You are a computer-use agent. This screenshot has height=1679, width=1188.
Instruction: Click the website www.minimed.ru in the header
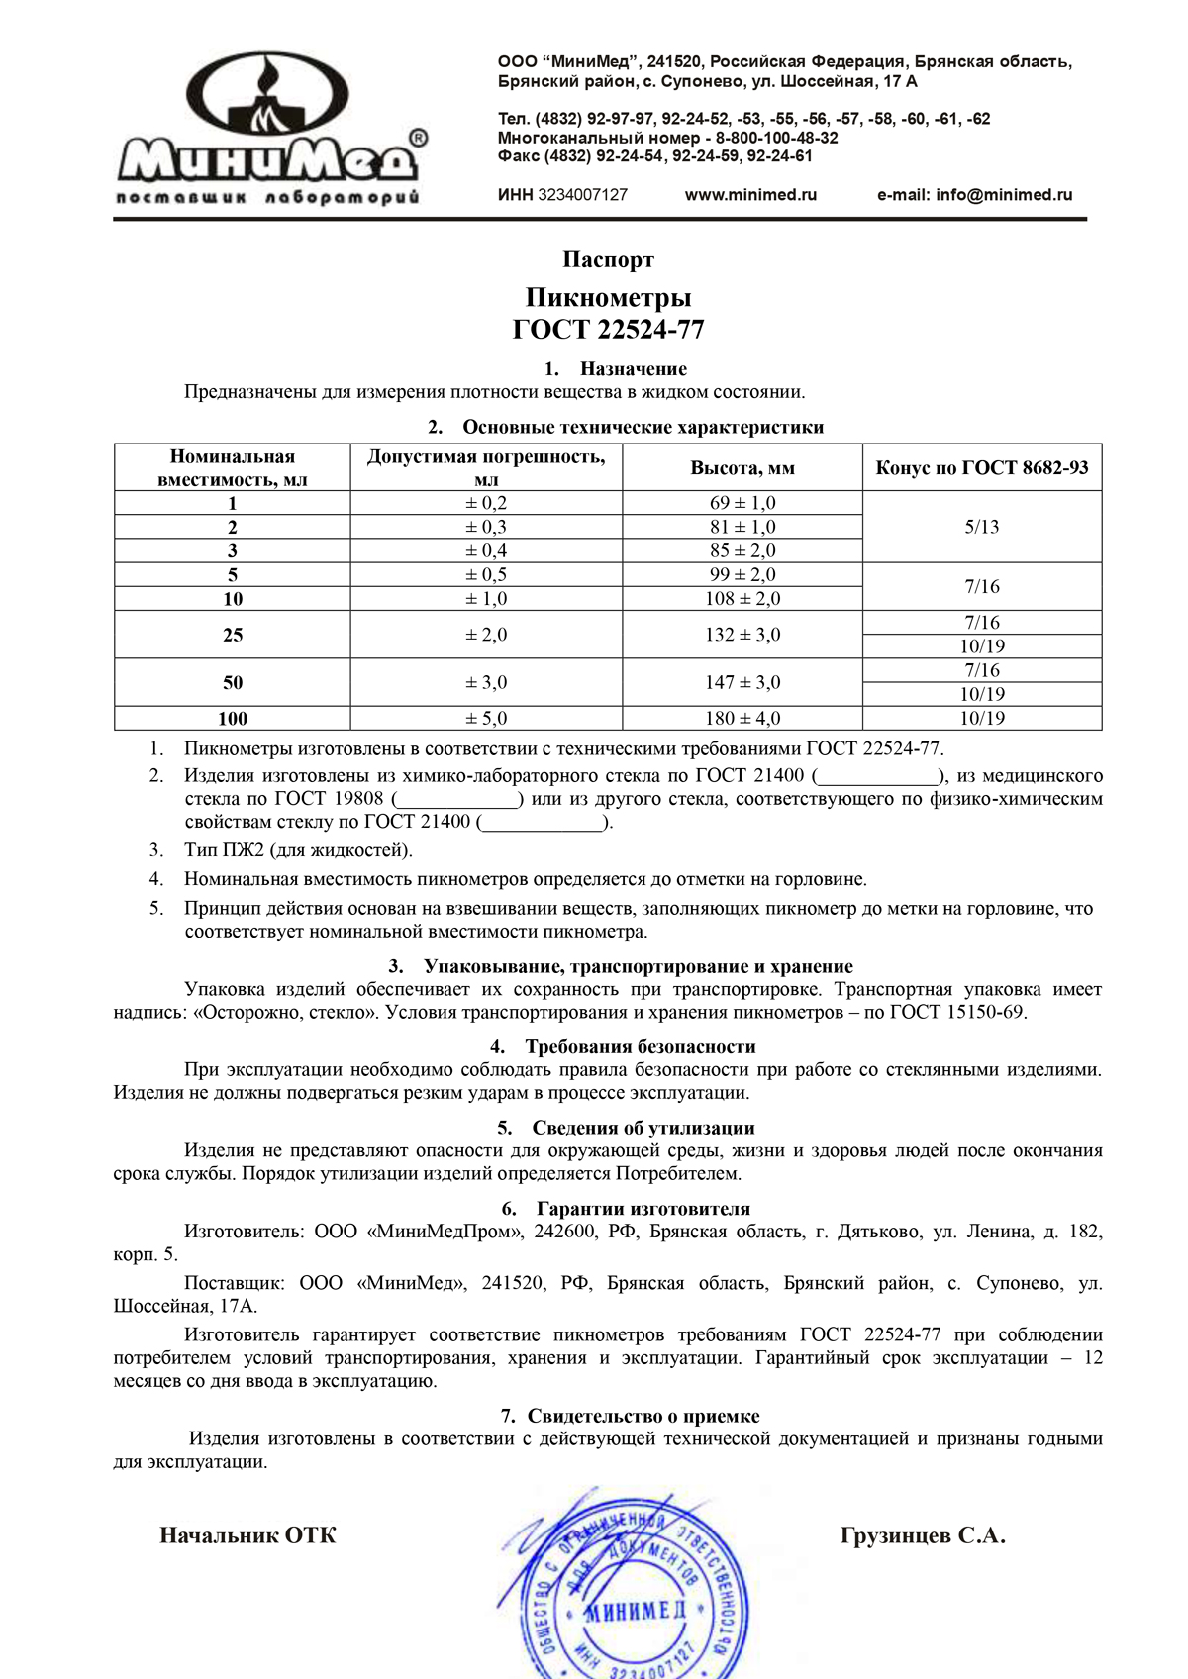(750, 195)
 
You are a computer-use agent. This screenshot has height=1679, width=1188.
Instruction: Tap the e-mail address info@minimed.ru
(975, 195)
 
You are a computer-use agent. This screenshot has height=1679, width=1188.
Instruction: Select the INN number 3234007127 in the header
(582, 195)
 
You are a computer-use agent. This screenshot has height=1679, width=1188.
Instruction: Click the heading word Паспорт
(608, 260)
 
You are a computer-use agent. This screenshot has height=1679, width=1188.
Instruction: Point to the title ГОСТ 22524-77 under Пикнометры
(608, 329)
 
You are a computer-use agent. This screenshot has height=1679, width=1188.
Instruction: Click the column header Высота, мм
(742, 468)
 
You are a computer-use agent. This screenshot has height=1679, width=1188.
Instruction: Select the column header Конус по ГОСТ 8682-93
(981, 467)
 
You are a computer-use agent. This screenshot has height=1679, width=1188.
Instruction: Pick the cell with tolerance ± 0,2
(486, 503)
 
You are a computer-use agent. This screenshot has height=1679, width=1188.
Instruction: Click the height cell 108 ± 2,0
(742, 599)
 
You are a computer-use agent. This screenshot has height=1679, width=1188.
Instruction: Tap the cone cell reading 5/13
(981, 527)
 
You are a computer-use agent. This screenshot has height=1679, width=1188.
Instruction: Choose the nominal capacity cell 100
(233, 719)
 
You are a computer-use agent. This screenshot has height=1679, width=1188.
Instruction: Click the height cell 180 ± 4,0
(742, 719)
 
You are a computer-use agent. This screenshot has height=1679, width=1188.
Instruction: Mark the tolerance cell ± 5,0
(486, 719)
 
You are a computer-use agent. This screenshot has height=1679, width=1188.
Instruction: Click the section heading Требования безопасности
(640, 1047)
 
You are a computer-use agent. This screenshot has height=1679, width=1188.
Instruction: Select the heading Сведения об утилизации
(643, 1129)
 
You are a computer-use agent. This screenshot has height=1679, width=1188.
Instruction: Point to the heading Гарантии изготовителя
(643, 1209)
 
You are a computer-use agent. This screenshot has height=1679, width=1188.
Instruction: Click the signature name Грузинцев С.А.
(923, 1536)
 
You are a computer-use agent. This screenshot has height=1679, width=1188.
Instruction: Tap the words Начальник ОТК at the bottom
(247, 1535)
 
